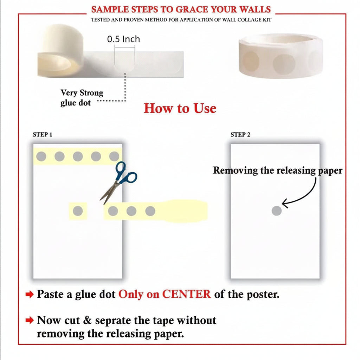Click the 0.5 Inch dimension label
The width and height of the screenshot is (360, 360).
pyautogui.click(x=123, y=39)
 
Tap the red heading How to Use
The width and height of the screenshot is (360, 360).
pyautogui.click(x=180, y=108)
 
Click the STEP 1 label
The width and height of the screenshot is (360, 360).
pyautogui.click(x=43, y=135)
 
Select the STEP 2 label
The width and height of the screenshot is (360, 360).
pyautogui.click(x=240, y=135)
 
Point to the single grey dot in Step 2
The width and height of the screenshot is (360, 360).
pyautogui.click(x=277, y=211)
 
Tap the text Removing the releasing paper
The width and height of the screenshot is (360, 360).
pyautogui.click(x=278, y=171)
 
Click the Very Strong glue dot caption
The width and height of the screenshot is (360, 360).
pyautogui.click(x=82, y=98)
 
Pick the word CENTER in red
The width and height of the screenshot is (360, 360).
pyautogui.click(x=186, y=294)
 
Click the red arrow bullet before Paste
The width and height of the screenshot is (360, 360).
pyautogui.click(x=30, y=294)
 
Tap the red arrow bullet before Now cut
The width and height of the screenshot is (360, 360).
pyautogui.click(x=30, y=320)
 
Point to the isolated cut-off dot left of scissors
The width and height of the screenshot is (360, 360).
pyautogui.click(x=78, y=211)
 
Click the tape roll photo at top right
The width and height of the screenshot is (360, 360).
pyautogui.click(x=281, y=56)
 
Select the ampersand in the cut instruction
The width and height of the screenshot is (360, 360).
pyautogui.click(x=88, y=320)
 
